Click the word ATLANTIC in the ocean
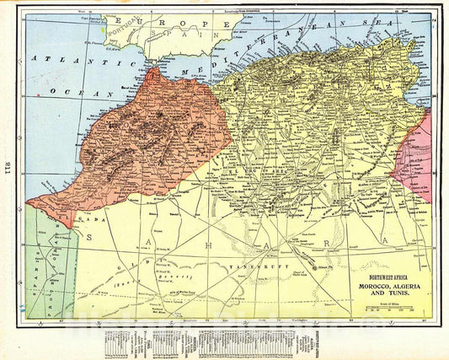(x=63, y=59)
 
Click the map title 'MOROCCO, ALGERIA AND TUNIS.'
(x=394, y=283)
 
